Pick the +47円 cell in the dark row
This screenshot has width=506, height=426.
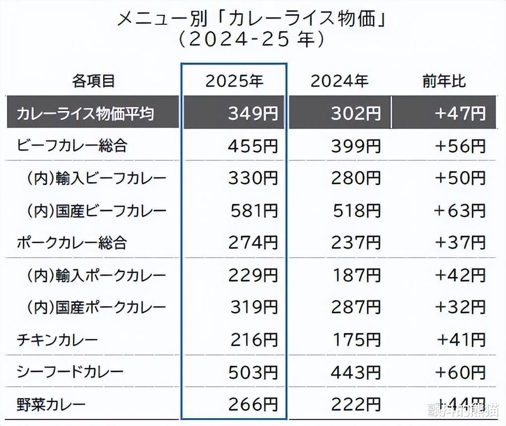(x=460, y=114)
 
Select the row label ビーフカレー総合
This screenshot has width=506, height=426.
(x=72, y=146)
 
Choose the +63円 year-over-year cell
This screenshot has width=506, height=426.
(x=460, y=211)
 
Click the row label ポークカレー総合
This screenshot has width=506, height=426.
(x=72, y=243)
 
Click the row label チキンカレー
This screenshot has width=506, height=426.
(x=58, y=340)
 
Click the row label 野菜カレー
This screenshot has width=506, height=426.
(x=51, y=404)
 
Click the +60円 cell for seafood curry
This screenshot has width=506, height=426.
(x=460, y=372)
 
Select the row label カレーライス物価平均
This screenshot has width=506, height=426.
(x=85, y=114)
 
